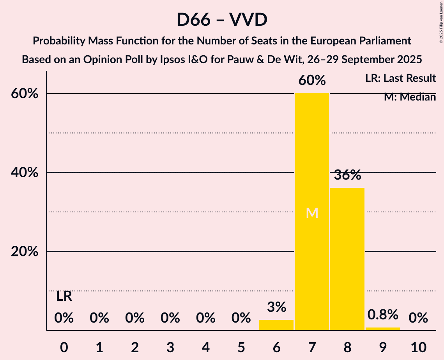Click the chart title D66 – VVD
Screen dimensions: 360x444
(222, 19)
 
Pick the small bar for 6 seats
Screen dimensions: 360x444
(276, 325)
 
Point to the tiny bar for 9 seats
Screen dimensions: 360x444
(383, 328)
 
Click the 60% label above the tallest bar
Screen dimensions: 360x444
(312, 80)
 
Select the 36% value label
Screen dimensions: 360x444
(347, 175)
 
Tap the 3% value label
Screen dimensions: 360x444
(276, 307)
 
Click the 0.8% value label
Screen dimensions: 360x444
(383, 314)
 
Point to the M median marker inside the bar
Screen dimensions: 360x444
(312, 213)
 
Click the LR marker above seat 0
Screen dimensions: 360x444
(64, 296)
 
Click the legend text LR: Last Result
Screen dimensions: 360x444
(400, 78)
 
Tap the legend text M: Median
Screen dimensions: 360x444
(410, 97)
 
